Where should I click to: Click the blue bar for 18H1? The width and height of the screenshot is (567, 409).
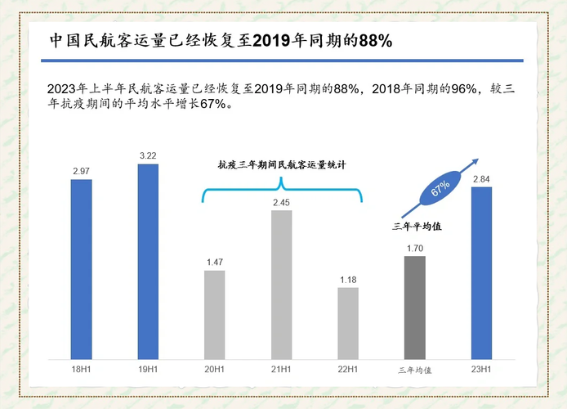81,269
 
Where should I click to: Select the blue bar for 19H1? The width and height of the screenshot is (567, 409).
148,262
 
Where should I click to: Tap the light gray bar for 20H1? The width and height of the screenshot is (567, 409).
214,315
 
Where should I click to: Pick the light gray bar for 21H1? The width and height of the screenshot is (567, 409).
281,285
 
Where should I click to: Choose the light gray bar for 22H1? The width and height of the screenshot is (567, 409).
347,323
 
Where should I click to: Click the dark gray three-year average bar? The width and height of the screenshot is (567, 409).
414,308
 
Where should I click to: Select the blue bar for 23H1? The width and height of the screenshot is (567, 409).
481,273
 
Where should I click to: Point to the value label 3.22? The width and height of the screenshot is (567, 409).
148,155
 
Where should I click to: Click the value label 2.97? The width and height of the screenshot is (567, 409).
81,170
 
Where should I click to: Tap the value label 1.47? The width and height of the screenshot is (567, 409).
214,262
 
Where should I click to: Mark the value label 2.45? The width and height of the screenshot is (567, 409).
281,202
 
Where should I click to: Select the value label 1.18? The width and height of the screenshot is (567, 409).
347,279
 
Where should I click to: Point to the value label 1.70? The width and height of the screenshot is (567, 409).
414,248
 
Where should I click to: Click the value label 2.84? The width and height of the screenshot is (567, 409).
481,178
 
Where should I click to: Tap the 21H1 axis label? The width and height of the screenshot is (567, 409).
281,370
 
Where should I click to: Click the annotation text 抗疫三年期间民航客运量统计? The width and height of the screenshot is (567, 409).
281,164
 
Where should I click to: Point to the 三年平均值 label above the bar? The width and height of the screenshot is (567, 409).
414,226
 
